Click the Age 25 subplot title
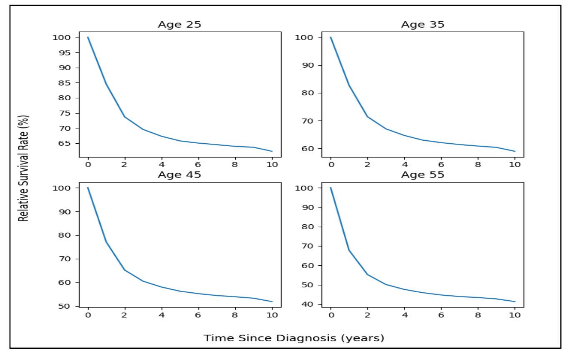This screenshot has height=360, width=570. (x=179, y=25)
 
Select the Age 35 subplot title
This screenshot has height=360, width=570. (x=423, y=25)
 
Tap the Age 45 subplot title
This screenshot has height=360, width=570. (x=179, y=175)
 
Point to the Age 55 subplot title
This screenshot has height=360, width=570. (x=423, y=175)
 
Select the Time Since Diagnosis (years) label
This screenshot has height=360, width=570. (x=294, y=338)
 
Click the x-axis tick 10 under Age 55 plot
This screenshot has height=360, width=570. (x=515, y=315)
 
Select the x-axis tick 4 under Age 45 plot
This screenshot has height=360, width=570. (x=161, y=315)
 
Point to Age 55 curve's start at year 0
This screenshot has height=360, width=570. (x=331, y=188)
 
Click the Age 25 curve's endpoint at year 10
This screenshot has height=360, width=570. (x=272, y=151)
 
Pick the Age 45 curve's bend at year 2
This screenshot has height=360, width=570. (x=125, y=270)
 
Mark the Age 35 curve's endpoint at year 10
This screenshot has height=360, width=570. (x=515, y=151)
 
